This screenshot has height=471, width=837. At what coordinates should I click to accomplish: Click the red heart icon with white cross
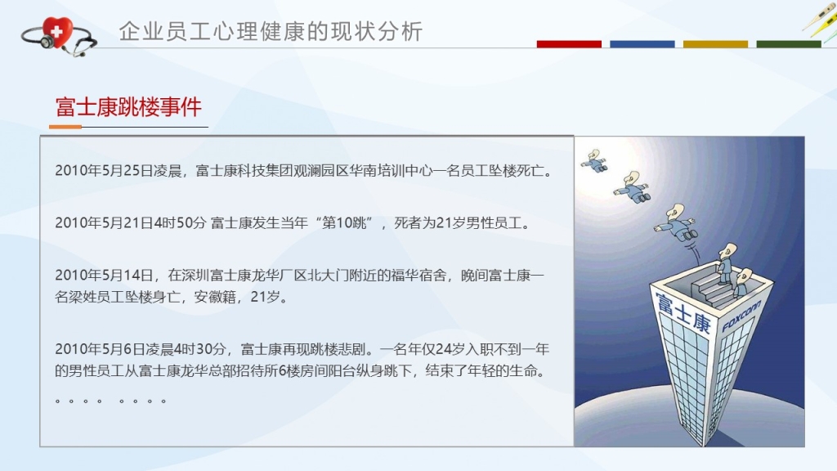[x=57, y=33]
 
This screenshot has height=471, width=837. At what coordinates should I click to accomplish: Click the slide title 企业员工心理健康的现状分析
[x=271, y=32]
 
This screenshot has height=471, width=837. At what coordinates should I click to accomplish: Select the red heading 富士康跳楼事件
[x=128, y=107]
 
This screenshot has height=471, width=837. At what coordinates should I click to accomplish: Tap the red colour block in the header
[x=569, y=44]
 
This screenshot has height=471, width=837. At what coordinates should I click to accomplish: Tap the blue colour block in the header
[x=642, y=44]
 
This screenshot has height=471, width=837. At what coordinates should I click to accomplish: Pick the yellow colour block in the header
[x=715, y=44]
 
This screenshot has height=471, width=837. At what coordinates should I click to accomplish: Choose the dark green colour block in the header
[x=789, y=44]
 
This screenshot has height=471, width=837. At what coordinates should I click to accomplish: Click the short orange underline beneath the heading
[x=65, y=127]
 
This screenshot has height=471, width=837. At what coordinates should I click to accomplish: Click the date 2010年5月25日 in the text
[x=97, y=171]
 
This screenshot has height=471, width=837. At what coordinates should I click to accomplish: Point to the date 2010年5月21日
[x=97, y=222]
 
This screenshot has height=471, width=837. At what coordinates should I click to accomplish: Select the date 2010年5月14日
[x=97, y=275]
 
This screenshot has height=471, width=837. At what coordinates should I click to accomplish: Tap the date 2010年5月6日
[x=93, y=349]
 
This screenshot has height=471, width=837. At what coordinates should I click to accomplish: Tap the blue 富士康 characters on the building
[x=683, y=312]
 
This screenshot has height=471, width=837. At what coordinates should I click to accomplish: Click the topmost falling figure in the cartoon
[x=595, y=161]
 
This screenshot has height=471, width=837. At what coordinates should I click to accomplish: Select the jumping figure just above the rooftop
[x=675, y=222]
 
